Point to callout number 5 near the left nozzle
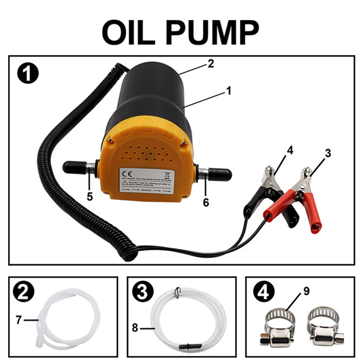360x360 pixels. point(90,197)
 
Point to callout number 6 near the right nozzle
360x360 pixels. point(206,202)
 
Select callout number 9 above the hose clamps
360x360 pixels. point(306,291)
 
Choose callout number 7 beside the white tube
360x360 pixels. point(18,320)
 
